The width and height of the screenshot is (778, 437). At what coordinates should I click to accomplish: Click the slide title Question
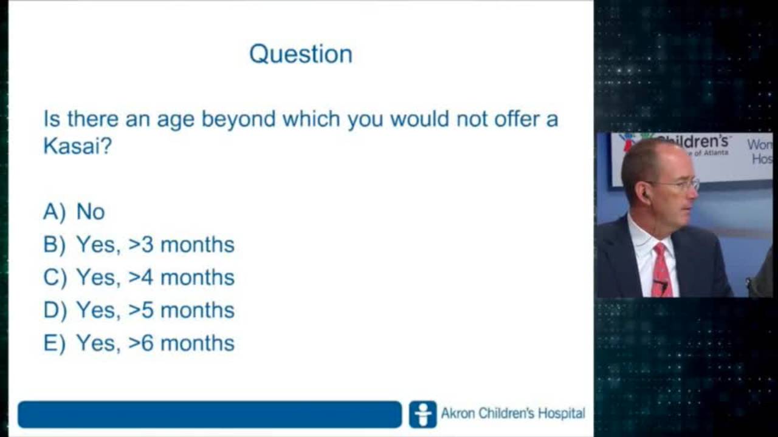pyautogui.click(x=301, y=54)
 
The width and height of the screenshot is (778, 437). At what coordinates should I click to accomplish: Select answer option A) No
pyautogui.click(x=74, y=212)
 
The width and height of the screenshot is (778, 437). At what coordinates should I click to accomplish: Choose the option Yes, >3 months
pyautogui.click(x=155, y=245)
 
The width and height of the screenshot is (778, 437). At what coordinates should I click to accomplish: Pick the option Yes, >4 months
pyautogui.click(x=155, y=277)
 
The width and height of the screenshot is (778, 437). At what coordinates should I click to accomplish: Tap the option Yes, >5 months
pyautogui.click(x=155, y=310)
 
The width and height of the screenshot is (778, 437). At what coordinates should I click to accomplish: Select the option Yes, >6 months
pyautogui.click(x=155, y=343)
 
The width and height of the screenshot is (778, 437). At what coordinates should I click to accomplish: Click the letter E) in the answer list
pyautogui.click(x=54, y=344)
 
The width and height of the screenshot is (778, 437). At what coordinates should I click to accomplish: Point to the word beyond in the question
pyautogui.click(x=238, y=119)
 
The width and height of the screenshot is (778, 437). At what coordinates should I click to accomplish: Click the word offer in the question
pyautogui.click(x=513, y=119)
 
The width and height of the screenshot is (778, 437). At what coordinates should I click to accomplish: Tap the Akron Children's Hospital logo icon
pyautogui.click(x=422, y=415)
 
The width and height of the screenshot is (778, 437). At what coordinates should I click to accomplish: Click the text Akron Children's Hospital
pyautogui.click(x=512, y=414)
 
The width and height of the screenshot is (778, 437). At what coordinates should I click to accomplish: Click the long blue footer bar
pyautogui.click(x=209, y=415)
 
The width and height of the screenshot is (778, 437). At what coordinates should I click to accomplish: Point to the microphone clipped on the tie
pyautogui.click(x=661, y=283)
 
